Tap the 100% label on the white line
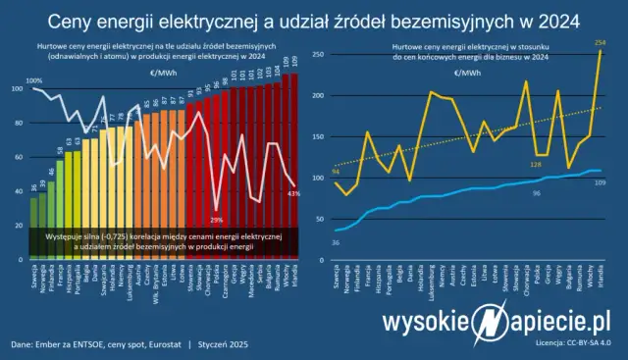click(x=33, y=80)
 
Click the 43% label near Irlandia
click(x=291, y=194)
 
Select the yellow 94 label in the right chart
click(x=337, y=172)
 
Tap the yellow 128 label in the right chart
click(x=536, y=164)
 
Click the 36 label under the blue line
click(x=336, y=241)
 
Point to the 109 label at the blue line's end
click(x=600, y=183)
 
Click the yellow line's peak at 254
click(x=599, y=52)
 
